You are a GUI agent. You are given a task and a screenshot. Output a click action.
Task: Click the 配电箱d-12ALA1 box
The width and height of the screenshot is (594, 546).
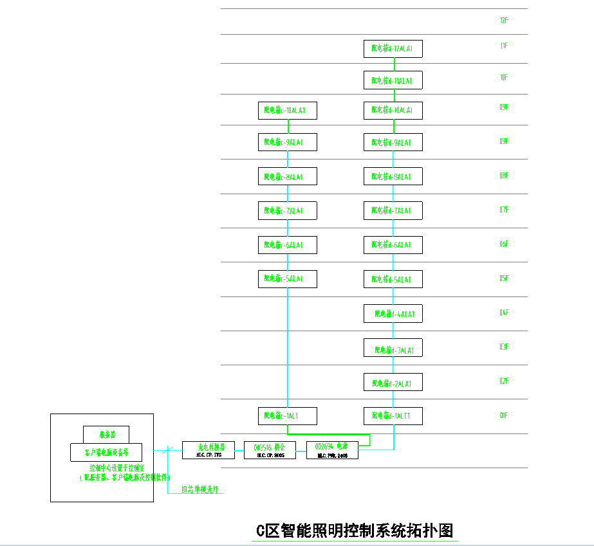(x=393, y=49)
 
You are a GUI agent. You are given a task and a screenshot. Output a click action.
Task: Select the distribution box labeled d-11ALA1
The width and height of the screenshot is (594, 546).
(x=393, y=80)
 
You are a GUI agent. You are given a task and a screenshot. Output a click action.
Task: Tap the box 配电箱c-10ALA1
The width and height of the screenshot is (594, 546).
(x=287, y=111)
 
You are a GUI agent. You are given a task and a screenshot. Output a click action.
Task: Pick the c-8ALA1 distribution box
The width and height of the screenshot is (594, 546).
(x=287, y=176)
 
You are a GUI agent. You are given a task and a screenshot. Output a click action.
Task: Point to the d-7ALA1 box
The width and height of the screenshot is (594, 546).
(x=393, y=210)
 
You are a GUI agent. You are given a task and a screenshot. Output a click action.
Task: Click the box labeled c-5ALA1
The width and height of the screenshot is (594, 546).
(x=287, y=278)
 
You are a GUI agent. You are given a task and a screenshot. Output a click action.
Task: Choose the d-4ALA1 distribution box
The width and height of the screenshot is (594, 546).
(x=393, y=314)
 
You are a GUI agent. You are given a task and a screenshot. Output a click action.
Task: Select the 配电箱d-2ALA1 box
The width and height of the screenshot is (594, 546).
(x=393, y=383)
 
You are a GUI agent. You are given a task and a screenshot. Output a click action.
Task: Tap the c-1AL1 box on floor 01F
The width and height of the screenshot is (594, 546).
(x=287, y=416)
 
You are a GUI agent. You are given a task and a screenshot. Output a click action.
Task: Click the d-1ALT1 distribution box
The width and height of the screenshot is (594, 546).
(x=393, y=416)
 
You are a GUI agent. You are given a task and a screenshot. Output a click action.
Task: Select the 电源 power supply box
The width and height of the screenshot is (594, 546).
(x=332, y=450)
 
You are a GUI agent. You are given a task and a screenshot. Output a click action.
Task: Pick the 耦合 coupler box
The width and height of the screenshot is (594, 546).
(x=270, y=450)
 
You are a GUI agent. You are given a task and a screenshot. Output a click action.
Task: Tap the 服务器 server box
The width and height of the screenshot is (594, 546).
(x=106, y=434)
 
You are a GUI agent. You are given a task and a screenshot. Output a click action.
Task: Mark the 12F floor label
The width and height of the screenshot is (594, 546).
(x=504, y=21)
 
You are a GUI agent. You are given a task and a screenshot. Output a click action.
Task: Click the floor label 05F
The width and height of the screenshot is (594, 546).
(x=504, y=278)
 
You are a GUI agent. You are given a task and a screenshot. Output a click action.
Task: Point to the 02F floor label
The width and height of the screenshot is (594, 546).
(x=504, y=381)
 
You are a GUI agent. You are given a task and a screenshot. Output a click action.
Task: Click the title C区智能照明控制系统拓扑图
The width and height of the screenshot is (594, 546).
(x=355, y=531)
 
